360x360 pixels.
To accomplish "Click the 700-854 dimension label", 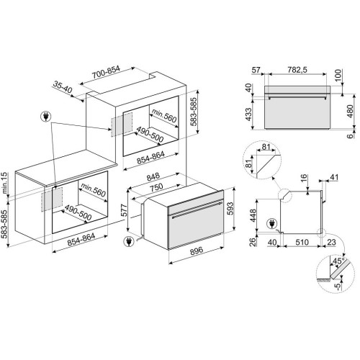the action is pos(106,72).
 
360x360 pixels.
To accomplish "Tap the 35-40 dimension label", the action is pos(63,87).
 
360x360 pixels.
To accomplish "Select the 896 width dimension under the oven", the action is pos(197,251).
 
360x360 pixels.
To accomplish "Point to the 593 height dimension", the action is pos(230,209).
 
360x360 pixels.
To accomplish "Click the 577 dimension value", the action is pos(125,210).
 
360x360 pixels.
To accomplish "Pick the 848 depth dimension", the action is pos(153,176).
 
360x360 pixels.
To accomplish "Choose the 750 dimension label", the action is pos(156,186).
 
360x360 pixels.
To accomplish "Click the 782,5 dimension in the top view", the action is pos(297,70).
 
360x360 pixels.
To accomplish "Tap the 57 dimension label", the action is pos(256,70).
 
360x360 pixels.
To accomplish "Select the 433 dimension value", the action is pos(249,114).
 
